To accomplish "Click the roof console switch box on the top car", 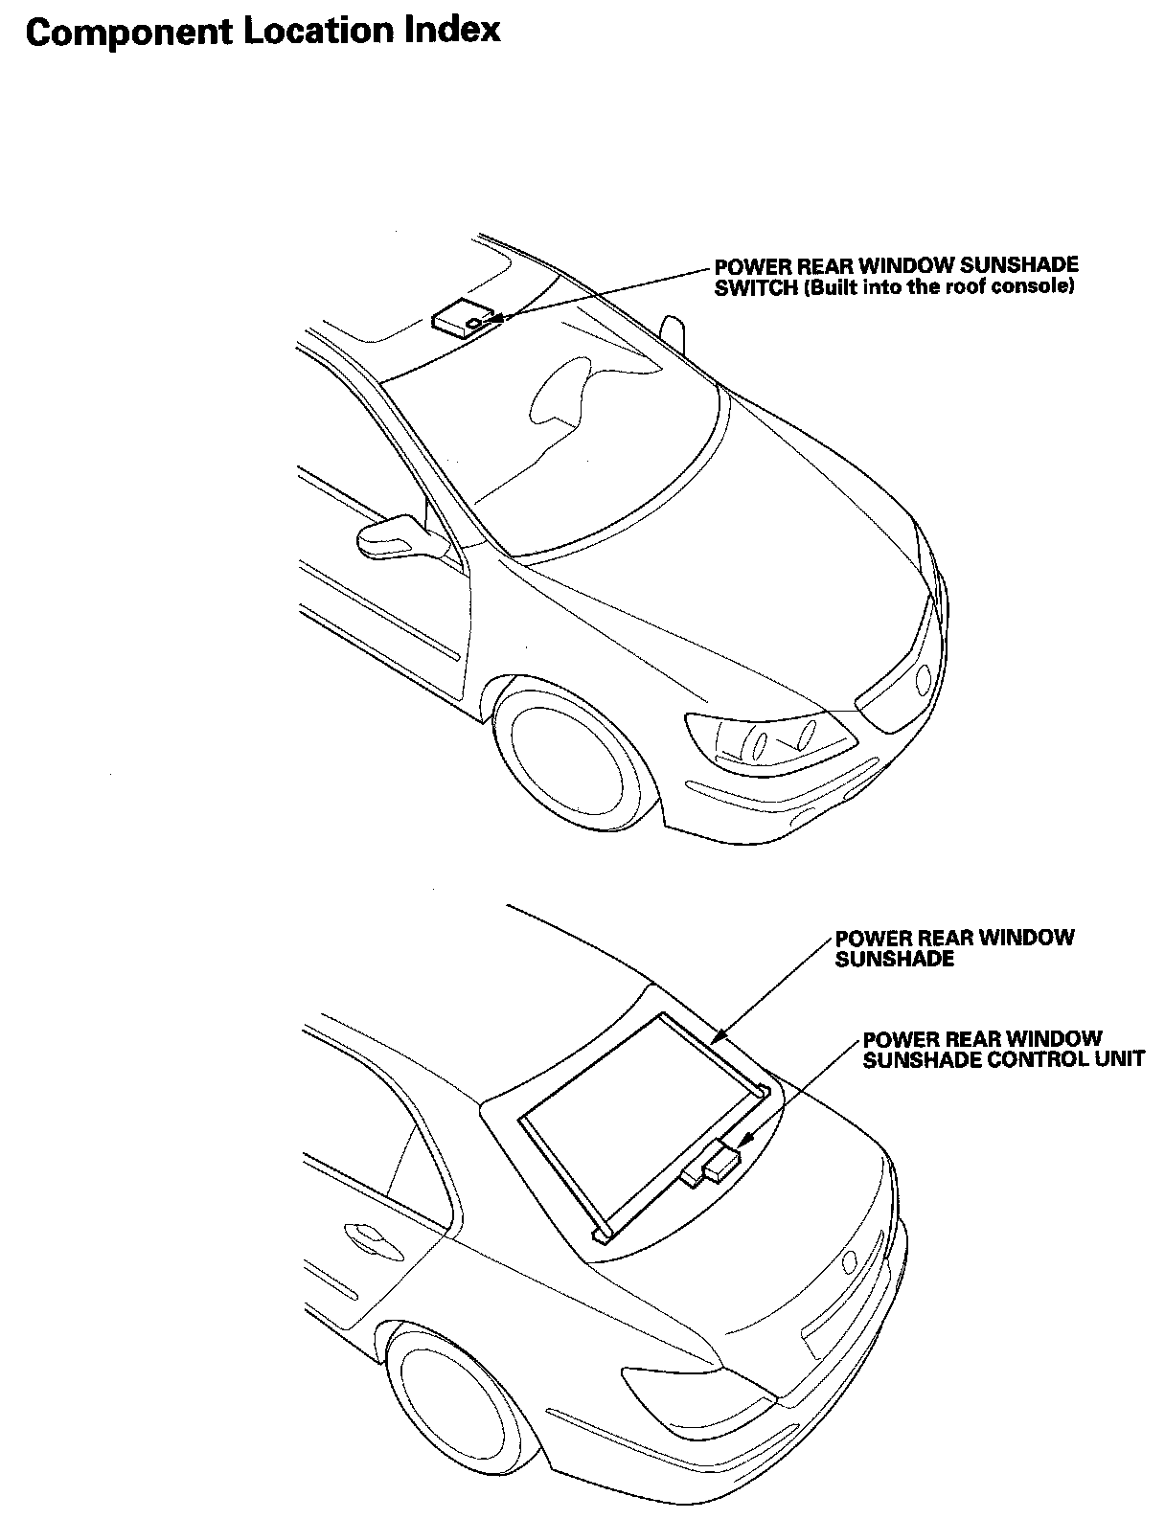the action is pyautogui.click(x=459, y=317).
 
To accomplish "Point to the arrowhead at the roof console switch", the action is pyautogui.click(x=497, y=317).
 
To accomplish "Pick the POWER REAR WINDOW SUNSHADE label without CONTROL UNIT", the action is pyautogui.click(x=954, y=947).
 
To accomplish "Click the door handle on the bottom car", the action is pyautogui.click(x=364, y=1235).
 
